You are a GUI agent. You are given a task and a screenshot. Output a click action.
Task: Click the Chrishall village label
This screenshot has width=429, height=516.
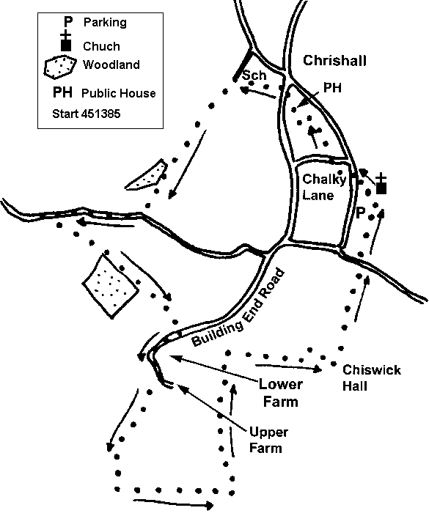point(334,61)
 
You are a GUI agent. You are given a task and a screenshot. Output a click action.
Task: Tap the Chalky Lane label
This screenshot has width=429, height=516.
point(324,187)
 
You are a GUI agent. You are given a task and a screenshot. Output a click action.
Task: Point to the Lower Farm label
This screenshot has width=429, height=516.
point(281,393)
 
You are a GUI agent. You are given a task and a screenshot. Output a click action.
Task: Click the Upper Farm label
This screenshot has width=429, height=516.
point(268,440)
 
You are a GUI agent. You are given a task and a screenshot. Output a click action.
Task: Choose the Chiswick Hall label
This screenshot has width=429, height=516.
point(371,377)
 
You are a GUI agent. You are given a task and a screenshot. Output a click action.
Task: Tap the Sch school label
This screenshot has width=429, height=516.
point(254,75)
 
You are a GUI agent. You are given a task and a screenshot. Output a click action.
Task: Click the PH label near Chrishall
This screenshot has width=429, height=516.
point(332,88)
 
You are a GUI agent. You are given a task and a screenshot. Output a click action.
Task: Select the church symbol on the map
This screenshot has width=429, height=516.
point(381,184)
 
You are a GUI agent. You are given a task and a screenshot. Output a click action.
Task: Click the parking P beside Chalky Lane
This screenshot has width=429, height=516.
point(361,213)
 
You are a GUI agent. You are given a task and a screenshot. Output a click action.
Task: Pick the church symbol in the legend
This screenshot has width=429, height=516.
point(66,41)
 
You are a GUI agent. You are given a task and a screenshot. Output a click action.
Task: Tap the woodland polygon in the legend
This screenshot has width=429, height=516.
point(60,67)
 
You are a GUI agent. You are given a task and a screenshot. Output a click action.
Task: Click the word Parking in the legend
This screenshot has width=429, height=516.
point(105,23)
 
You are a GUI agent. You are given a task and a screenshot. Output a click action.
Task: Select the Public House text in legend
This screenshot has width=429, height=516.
point(119,94)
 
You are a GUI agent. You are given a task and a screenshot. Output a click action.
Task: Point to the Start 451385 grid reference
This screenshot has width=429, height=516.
point(87,114)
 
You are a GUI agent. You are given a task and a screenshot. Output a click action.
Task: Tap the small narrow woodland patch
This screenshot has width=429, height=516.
point(147,175)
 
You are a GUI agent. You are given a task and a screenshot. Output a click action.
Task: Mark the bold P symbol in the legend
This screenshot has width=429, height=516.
point(67,22)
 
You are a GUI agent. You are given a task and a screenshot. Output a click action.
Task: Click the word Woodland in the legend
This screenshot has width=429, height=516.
point(111,64)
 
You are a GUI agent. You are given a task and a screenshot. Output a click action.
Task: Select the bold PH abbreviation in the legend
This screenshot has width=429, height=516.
point(62,92)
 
